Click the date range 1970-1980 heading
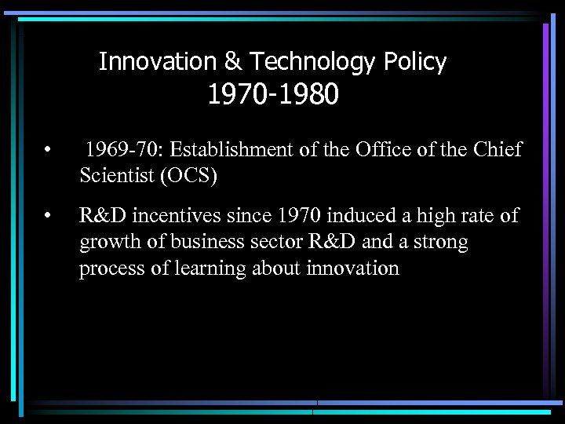coord(272,95)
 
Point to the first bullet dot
coord(49,150)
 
